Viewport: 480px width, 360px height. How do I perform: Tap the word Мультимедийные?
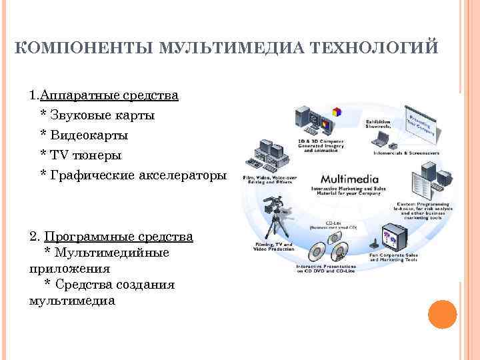112,253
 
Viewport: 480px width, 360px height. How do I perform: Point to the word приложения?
69,269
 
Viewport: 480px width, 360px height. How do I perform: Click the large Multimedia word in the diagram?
349,179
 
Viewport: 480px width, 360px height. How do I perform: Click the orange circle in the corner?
442,314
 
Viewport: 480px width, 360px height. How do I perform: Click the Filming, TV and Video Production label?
275,247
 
